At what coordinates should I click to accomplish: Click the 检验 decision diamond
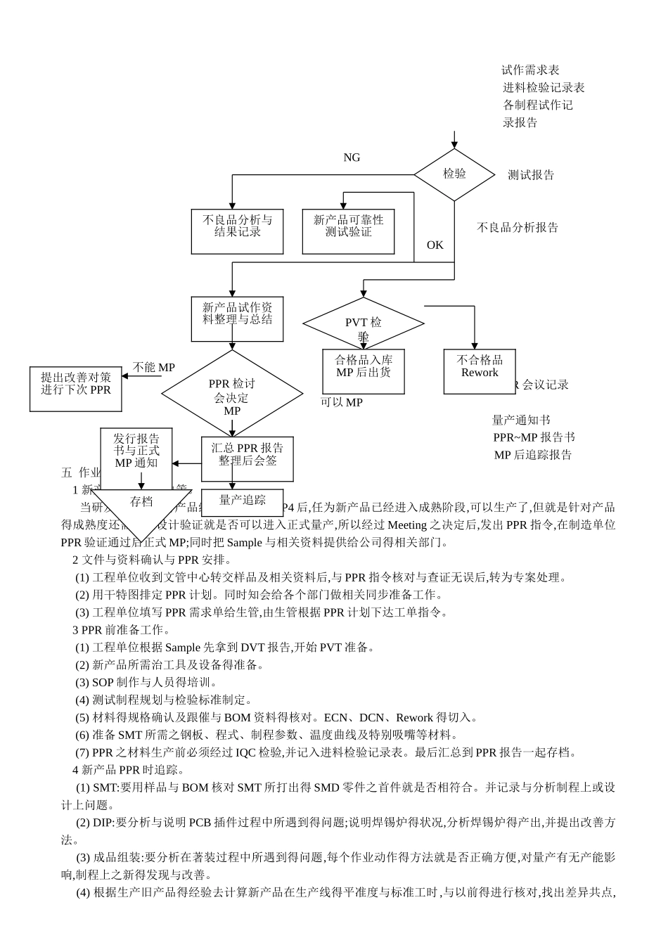[x=454, y=174]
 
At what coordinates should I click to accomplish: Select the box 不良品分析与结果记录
[x=237, y=231]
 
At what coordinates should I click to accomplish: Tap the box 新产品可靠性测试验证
[x=348, y=231]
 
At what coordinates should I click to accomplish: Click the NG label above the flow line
[x=352, y=157]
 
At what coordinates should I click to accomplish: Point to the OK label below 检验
[x=435, y=245]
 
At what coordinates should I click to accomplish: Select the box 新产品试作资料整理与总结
[x=237, y=319]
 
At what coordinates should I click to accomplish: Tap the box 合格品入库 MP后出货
[x=364, y=371]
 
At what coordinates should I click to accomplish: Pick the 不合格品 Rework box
[x=479, y=371]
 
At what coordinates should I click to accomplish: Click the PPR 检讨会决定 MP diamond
[x=232, y=395]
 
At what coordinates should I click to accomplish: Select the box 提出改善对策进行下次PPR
[x=75, y=388]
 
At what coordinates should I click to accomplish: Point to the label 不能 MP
[x=154, y=367]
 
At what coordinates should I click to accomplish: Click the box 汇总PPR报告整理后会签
[x=247, y=458]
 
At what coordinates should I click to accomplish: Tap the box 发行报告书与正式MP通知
[x=136, y=451]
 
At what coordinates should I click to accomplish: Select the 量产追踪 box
[x=243, y=501]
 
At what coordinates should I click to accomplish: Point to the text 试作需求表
[x=530, y=70]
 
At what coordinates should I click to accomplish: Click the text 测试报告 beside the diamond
[x=531, y=175]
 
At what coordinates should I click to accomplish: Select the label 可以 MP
[x=342, y=403]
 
